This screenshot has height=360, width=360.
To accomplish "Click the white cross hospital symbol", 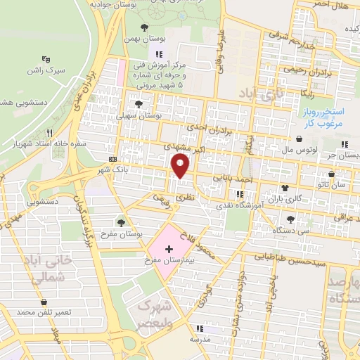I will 169,250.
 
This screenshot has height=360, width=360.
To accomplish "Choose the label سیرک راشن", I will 46,71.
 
